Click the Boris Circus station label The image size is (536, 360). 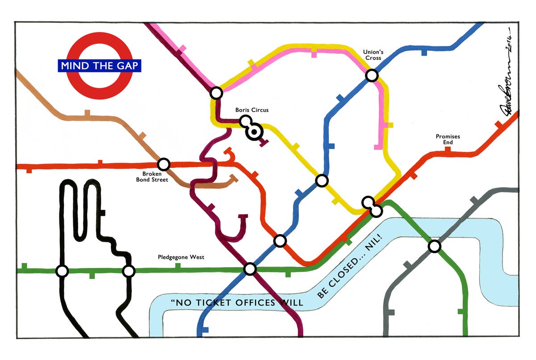click(x=252, y=110)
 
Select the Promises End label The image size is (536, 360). click(x=448, y=139)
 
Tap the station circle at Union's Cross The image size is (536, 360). click(x=372, y=75)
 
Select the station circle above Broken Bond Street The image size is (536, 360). click(x=164, y=164)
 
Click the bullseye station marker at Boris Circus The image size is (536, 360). click(x=254, y=132)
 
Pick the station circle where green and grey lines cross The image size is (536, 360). click(x=434, y=246)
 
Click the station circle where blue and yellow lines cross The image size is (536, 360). click(x=322, y=180)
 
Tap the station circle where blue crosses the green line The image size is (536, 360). click(x=250, y=269)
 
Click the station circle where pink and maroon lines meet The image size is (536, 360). click(x=216, y=93)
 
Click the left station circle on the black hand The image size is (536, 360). click(x=62, y=271)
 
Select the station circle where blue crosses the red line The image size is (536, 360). click(x=280, y=241)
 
